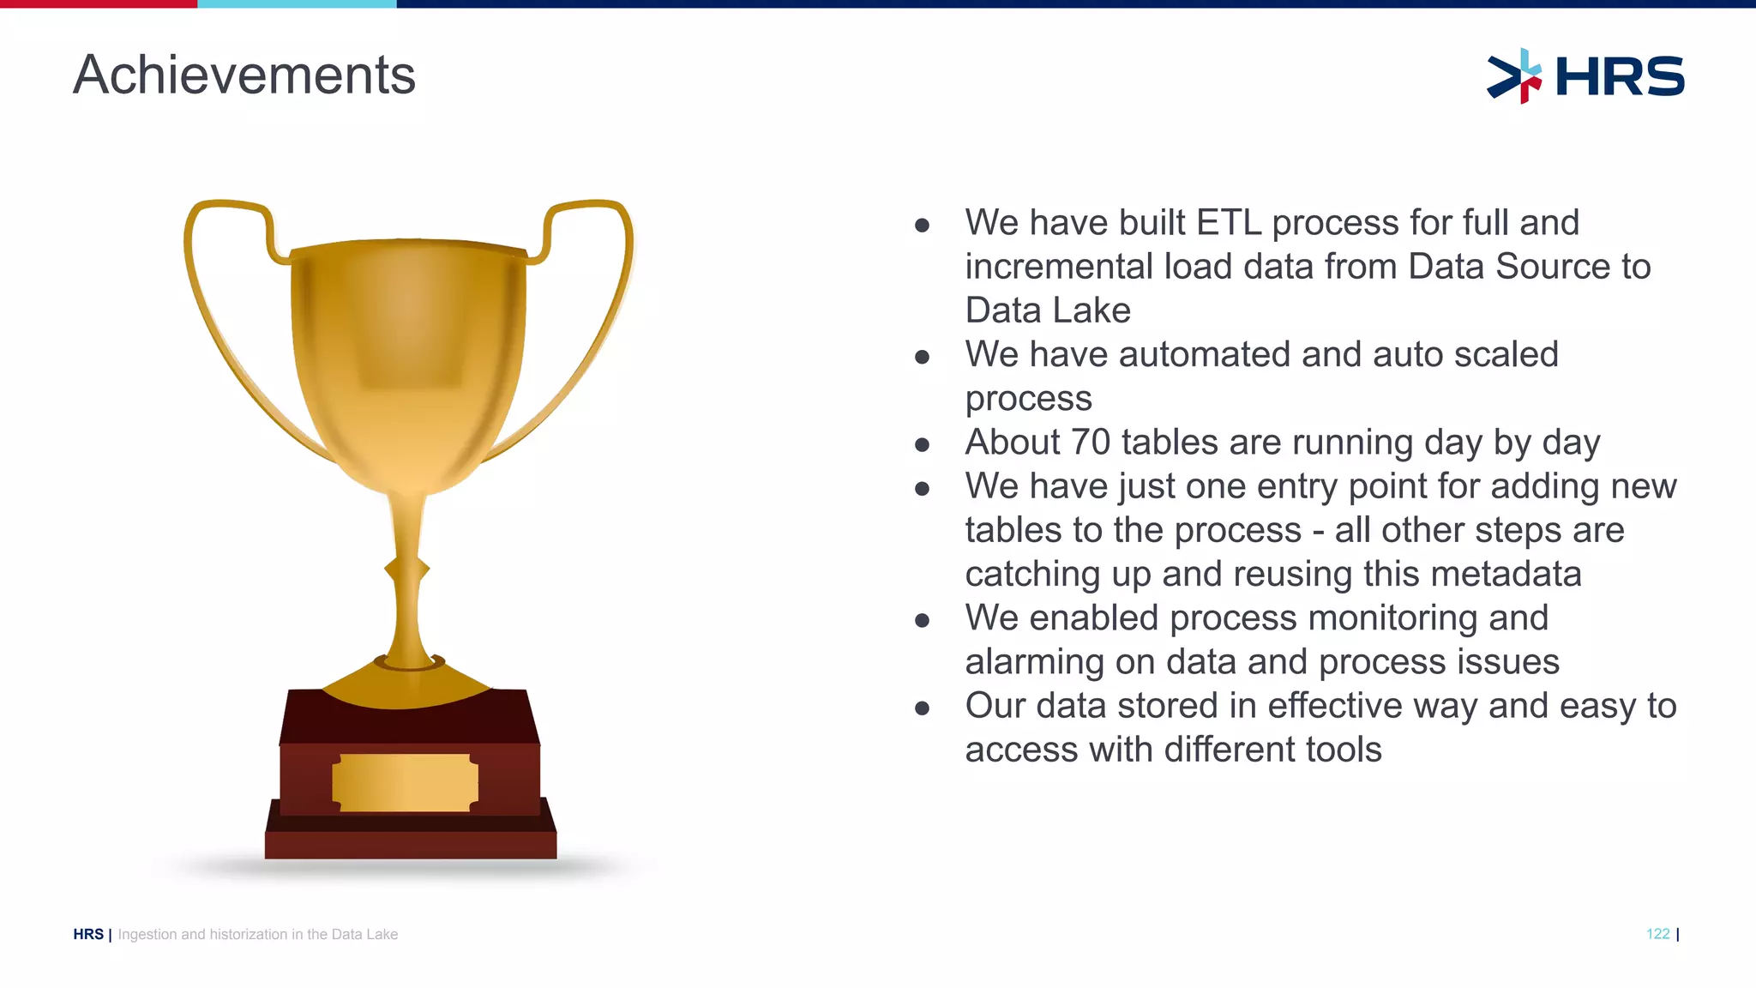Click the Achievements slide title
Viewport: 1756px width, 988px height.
point(244,75)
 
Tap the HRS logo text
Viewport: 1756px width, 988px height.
point(1619,76)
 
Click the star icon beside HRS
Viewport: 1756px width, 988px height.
point(1515,76)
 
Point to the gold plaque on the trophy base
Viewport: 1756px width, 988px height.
point(405,782)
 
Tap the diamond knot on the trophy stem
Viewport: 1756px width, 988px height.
point(406,569)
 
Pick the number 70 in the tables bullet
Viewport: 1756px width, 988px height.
point(1091,443)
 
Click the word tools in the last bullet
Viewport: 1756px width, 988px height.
point(1344,750)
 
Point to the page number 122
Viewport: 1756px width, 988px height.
point(1657,934)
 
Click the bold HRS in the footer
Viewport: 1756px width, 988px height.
point(88,934)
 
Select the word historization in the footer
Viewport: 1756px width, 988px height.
point(249,934)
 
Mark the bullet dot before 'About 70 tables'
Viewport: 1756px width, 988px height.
point(922,444)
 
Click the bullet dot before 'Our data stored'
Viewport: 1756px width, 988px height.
point(922,708)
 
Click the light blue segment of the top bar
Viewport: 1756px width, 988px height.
point(297,4)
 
